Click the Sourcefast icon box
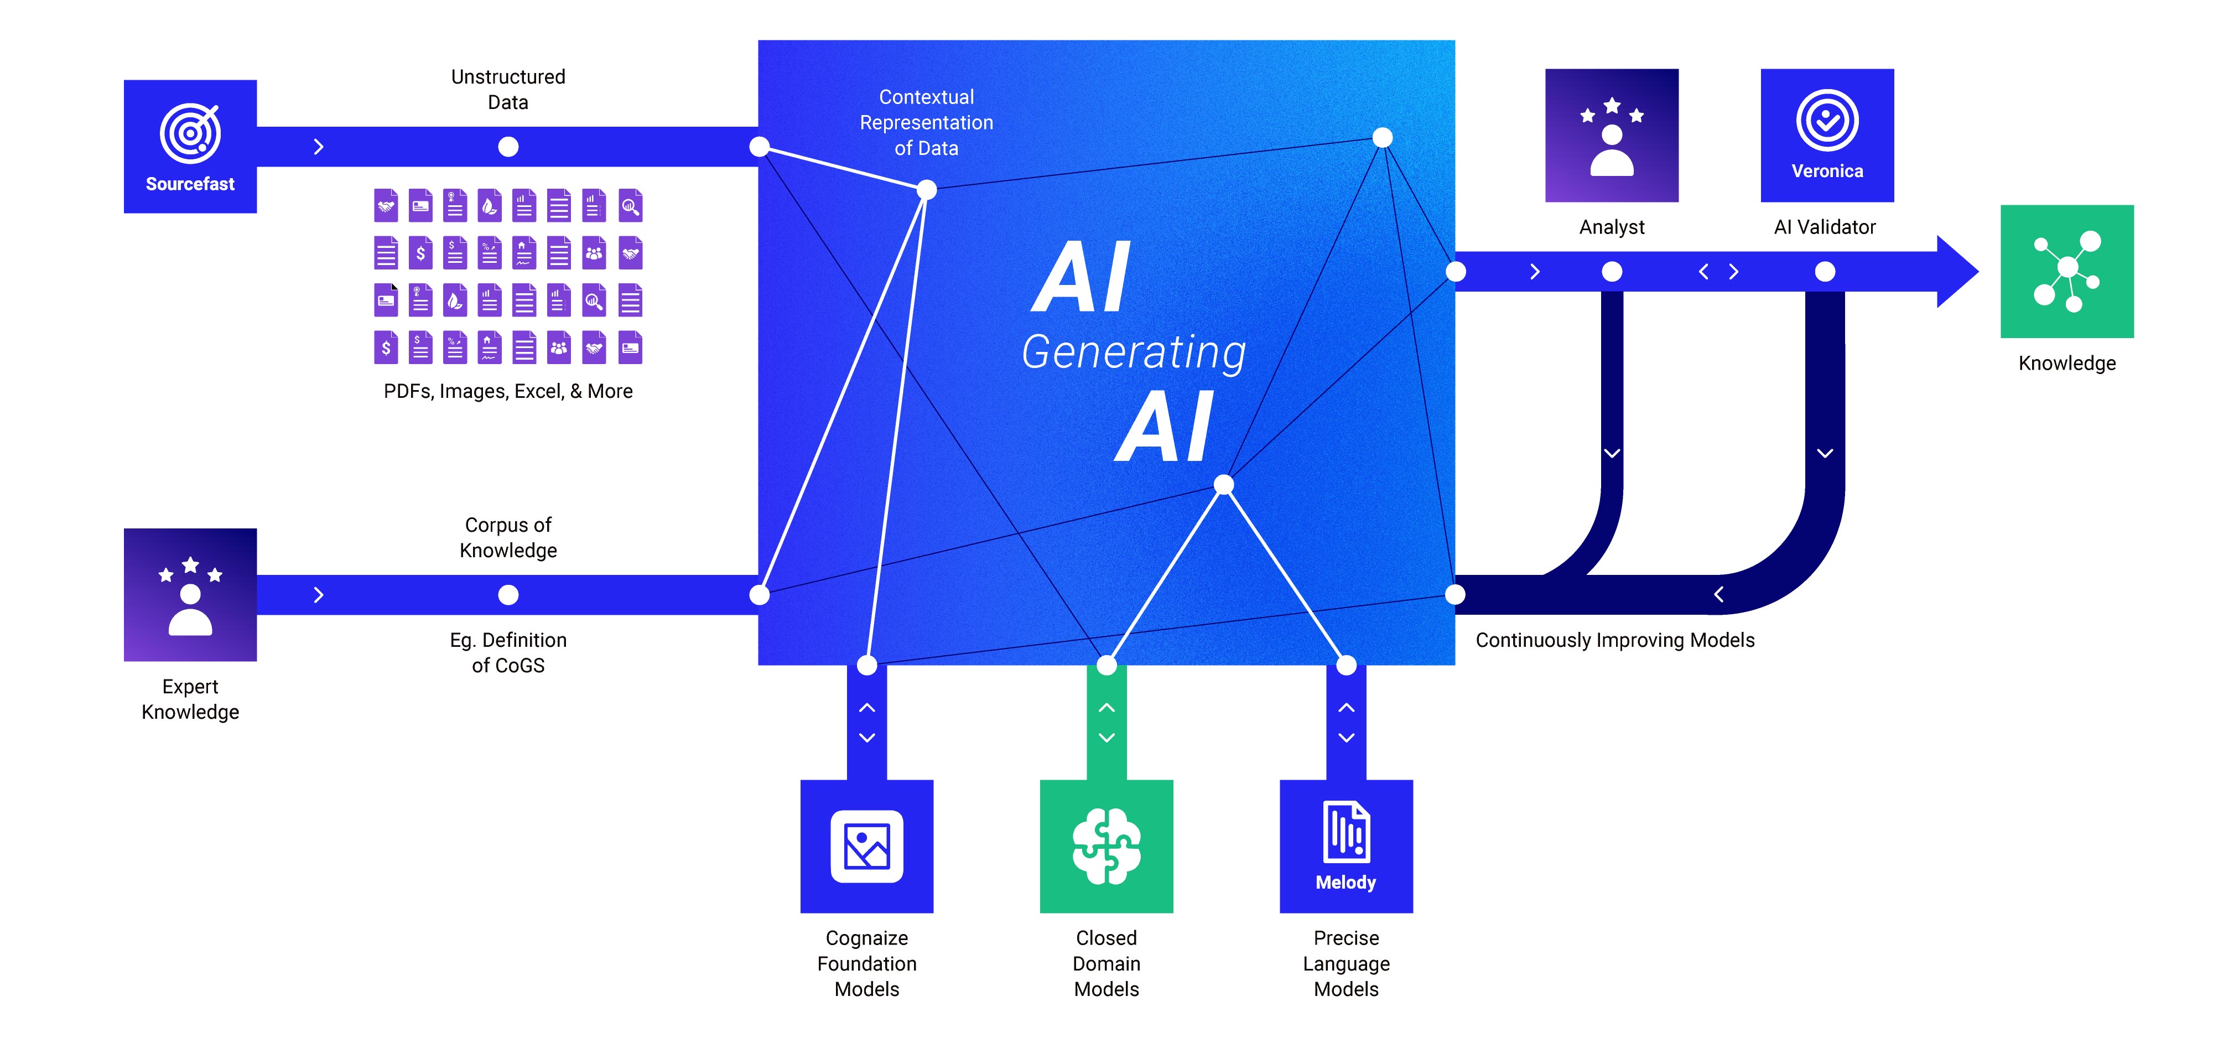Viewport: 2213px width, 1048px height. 190,146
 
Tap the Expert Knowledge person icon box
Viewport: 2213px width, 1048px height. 190,594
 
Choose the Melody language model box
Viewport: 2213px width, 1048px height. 1346,845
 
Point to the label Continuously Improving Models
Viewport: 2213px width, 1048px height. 1614,640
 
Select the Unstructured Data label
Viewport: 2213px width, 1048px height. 508,89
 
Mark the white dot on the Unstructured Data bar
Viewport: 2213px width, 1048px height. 508,147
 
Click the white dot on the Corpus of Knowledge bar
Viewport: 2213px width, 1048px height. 508,594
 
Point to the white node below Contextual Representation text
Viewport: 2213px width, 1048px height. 926,190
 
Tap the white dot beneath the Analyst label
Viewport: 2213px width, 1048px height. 1612,272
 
